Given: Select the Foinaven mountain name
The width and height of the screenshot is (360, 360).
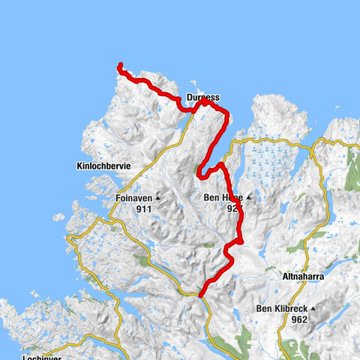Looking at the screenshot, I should point(135,199).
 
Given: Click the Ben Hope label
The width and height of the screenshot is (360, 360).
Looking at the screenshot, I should point(222,199).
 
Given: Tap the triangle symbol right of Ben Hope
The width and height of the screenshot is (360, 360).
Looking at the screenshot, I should point(248,199).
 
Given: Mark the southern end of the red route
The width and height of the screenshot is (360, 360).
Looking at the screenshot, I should point(201,293).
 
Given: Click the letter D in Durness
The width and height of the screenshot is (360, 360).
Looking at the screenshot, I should point(188,97).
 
